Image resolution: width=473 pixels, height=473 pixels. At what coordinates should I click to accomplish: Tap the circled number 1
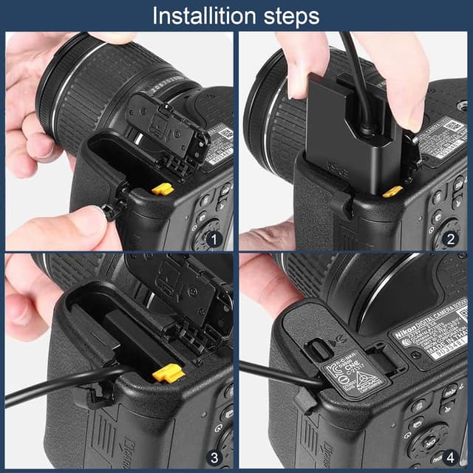(214, 238)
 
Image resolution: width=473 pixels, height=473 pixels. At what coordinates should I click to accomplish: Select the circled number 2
(448, 238)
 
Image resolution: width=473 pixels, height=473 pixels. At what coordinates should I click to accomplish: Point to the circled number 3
(214, 457)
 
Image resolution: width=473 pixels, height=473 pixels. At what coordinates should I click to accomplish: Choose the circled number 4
(448, 457)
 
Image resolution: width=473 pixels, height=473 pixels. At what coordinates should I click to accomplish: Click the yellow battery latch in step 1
(163, 189)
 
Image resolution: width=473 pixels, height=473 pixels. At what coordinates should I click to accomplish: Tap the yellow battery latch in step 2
(392, 191)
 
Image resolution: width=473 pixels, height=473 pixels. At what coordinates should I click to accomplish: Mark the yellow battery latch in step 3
(169, 373)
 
